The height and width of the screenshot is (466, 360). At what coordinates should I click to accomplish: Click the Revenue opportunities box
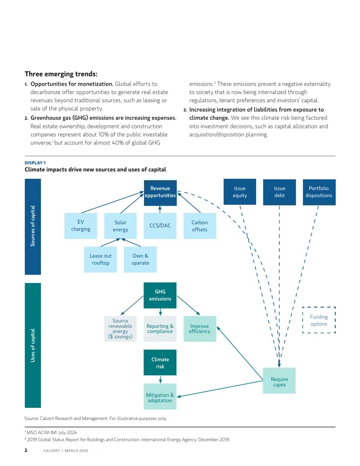[160, 193]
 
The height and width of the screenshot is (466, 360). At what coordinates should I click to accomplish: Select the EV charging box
[81, 226]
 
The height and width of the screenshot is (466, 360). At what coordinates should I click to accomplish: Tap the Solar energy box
[120, 226]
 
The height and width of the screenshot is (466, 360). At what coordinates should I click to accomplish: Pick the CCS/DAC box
[160, 226]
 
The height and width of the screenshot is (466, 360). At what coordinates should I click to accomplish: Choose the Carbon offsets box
[200, 226]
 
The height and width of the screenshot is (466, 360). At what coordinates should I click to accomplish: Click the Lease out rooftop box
[100, 259]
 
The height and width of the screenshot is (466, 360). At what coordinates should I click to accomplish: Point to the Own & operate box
[140, 259]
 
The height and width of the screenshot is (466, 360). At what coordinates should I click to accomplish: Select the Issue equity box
[240, 192]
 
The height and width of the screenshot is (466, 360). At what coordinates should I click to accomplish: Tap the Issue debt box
[279, 192]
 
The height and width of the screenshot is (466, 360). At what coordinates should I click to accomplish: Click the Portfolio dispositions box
[319, 192]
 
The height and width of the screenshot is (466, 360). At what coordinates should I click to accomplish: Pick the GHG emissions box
[160, 295]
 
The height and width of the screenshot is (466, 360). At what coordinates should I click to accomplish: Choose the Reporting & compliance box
[160, 329]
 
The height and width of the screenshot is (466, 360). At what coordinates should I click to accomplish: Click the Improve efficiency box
[200, 329]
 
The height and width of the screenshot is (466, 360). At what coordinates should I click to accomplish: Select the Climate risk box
[160, 362]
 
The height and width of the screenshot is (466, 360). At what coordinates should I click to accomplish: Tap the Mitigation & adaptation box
[160, 397]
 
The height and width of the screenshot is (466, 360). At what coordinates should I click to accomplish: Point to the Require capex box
[279, 381]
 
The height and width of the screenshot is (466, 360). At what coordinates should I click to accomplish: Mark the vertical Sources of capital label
[33, 226]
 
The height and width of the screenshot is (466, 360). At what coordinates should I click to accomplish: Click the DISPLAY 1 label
[35, 163]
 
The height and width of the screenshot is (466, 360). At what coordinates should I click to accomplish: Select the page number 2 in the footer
[26, 450]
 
